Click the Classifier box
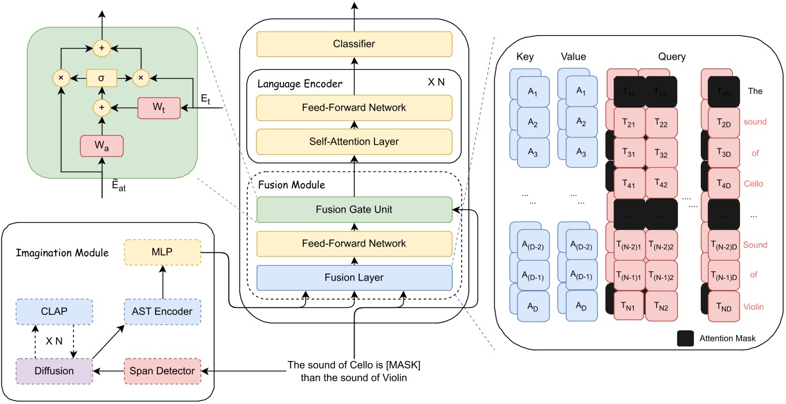(x=354, y=44)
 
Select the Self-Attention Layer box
(x=354, y=140)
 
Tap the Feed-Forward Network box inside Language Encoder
(x=354, y=108)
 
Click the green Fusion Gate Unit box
(x=354, y=209)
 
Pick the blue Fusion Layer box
(x=354, y=277)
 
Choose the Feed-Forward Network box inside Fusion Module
(x=354, y=243)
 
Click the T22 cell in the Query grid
(x=662, y=122)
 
